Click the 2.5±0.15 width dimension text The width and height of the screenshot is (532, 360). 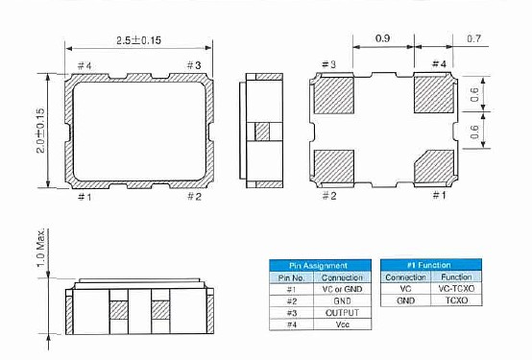point(139,40)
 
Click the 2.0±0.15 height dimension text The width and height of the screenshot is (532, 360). point(40,131)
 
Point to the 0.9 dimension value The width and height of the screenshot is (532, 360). point(383,38)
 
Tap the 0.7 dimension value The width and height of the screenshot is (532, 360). point(474,38)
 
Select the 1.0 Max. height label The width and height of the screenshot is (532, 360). point(40,248)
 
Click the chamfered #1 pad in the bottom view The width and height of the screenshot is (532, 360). point(434,165)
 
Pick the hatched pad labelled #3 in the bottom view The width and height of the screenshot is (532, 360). point(334,95)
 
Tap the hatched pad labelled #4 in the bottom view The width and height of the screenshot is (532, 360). point(434,94)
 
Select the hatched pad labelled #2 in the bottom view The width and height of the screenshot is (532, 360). point(334,165)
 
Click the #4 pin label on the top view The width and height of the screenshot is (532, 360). point(85,65)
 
